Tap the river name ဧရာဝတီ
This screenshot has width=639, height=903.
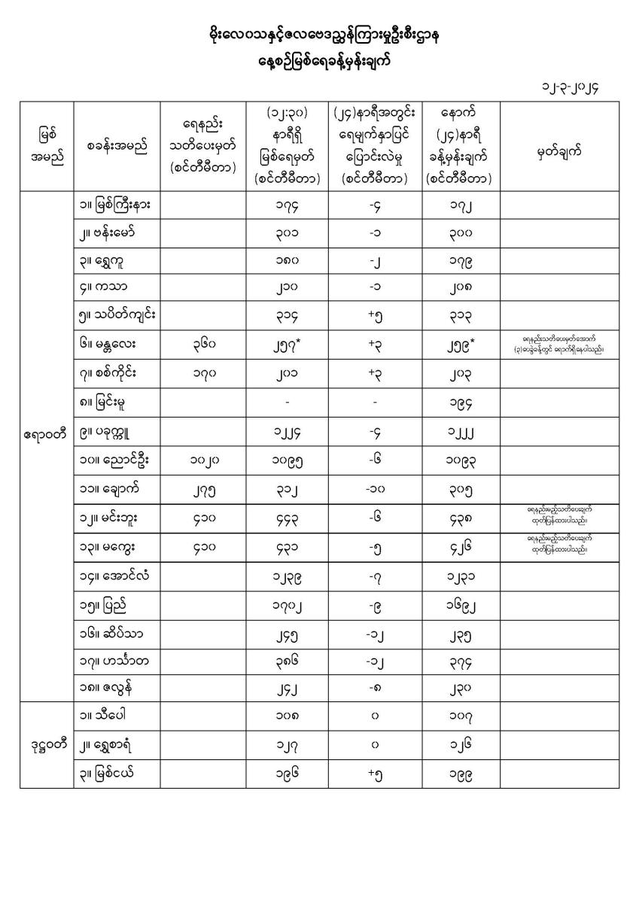click(47, 434)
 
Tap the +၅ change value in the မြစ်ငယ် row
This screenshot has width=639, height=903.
click(375, 774)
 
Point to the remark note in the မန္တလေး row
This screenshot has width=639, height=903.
click(559, 348)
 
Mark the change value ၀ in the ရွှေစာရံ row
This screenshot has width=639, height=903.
click(375, 745)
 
